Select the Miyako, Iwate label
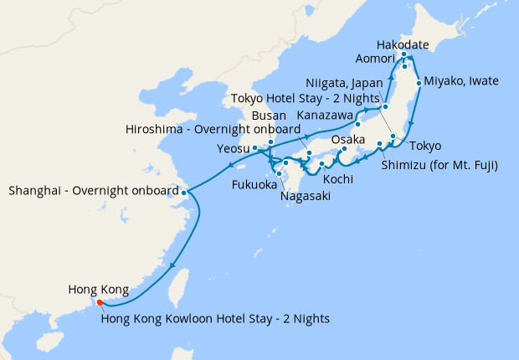tap(461, 81)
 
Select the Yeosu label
tap(233, 148)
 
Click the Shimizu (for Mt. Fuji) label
tap(439, 165)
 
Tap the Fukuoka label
tap(254, 184)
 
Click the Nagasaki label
tap(306, 196)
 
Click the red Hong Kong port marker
tap(100, 302)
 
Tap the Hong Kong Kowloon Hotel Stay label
tap(214, 318)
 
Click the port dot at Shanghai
tap(184, 192)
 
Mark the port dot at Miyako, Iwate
tap(418, 83)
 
